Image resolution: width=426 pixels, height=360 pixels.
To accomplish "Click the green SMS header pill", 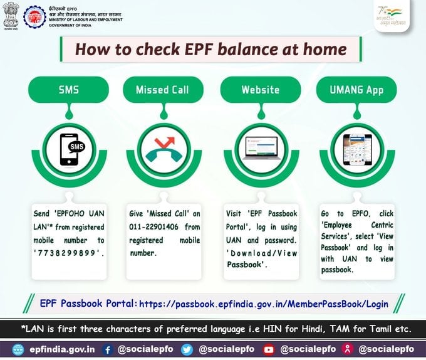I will [x=69, y=90].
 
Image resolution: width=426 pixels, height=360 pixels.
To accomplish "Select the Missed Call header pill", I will [x=162, y=90].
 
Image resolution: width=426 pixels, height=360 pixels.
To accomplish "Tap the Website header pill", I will [x=260, y=90].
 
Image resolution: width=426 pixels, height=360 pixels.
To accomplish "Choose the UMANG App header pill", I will [x=355, y=90].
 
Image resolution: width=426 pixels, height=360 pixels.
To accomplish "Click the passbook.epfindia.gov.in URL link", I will [x=263, y=304].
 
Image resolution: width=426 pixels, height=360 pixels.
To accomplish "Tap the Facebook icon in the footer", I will [x=108, y=349].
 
